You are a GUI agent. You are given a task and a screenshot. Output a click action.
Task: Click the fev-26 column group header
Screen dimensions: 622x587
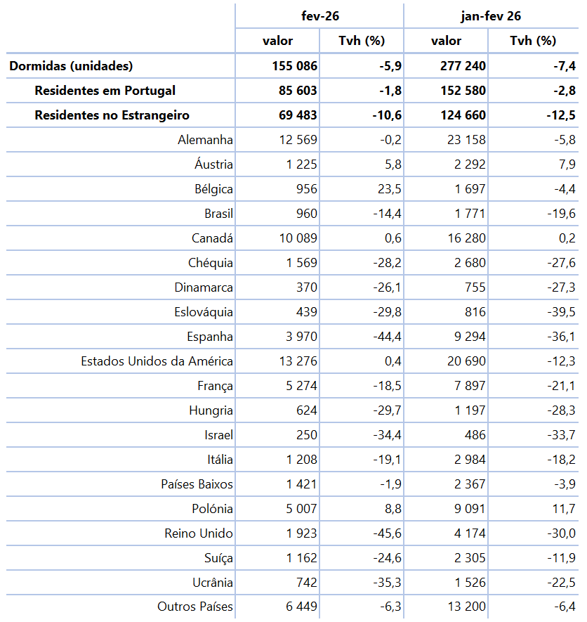click(319, 15)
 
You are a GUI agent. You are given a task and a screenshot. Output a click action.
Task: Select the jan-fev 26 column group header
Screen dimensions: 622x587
click(488, 15)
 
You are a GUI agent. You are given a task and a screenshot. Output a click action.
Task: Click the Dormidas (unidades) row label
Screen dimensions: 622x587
click(71, 66)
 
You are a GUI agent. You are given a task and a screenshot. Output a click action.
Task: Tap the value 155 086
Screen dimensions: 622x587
click(295, 66)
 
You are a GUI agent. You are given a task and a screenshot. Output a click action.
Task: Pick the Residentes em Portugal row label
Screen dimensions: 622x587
click(105, 91)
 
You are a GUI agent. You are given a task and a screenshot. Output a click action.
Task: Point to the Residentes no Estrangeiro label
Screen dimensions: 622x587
click(112, 115)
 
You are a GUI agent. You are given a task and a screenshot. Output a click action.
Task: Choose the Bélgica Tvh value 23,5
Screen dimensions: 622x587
click(388, 189)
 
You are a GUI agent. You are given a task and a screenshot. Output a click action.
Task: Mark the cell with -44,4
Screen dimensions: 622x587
click(385, 337)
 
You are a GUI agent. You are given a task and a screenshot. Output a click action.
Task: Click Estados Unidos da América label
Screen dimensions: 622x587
click(157, 361)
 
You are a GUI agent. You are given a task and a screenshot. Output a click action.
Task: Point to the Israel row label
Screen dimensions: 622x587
click(218, 435)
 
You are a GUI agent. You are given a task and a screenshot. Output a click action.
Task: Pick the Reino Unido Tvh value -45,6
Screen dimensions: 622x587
click(385, 533)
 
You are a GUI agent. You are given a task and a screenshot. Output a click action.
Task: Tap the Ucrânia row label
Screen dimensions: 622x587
click(212, 583)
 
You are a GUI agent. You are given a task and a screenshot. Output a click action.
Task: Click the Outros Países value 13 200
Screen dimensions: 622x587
click(466, 607)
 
